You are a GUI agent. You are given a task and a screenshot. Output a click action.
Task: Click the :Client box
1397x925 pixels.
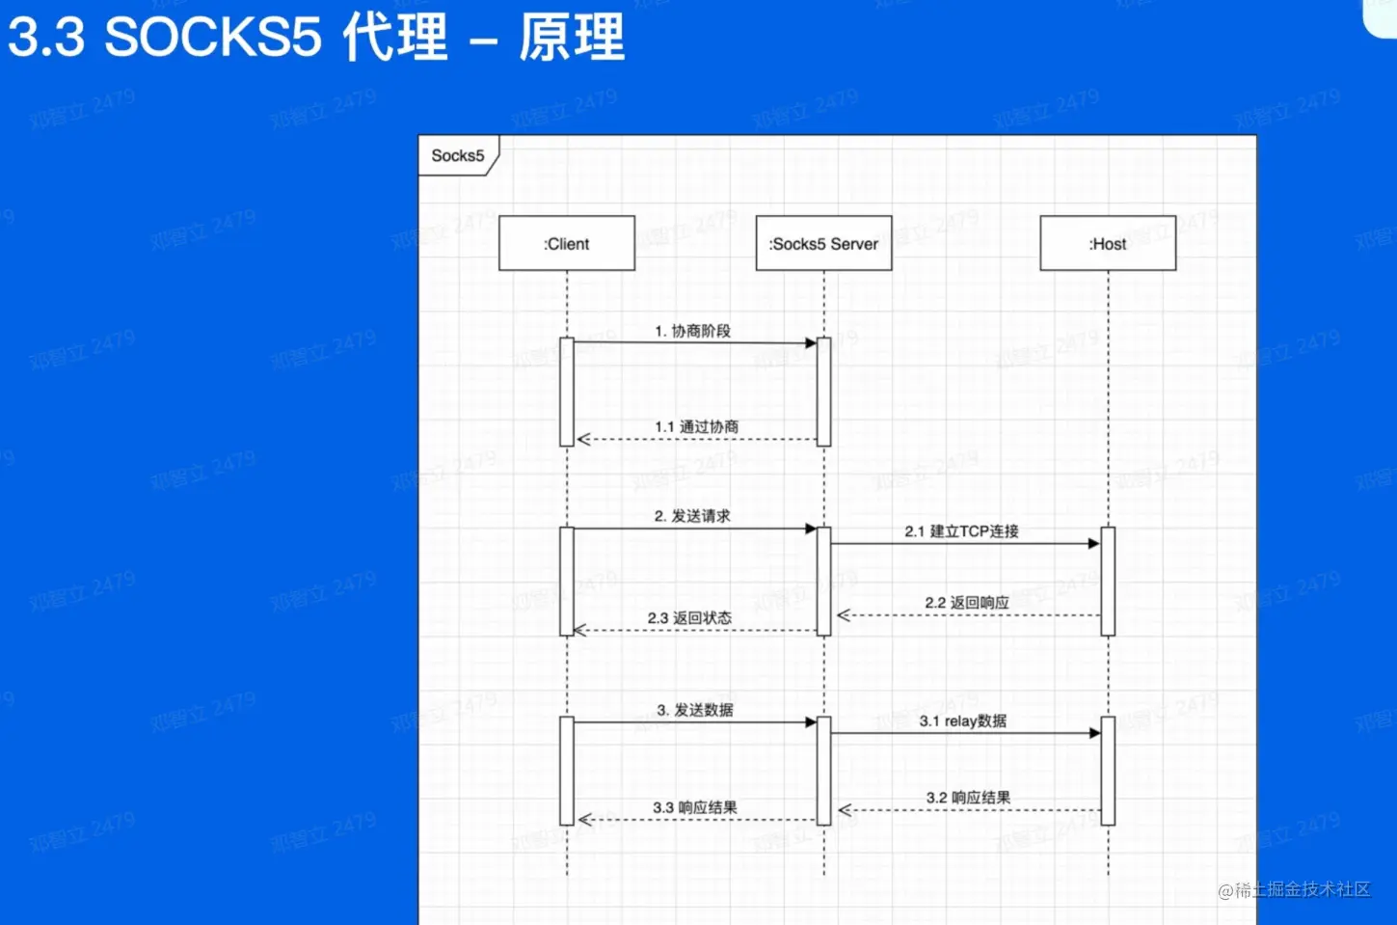coord(566,243)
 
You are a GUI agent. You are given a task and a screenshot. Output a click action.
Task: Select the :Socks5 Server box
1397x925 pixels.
coord(823,243)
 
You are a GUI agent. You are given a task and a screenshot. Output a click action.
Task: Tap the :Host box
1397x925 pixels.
coord(1108,243)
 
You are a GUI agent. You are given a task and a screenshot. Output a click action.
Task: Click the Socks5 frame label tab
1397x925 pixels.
coord(458,155)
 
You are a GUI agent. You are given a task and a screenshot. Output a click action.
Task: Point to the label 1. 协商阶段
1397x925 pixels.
coord(692,331)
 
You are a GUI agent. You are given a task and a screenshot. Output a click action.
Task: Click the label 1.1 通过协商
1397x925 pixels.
coord(696,426)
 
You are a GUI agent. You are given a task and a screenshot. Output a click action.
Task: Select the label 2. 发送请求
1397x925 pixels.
coord(692,516)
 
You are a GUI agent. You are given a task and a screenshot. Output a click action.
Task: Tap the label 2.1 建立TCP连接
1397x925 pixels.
coord(961,531)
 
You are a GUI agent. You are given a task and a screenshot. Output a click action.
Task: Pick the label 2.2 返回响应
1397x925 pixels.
coord(966,602)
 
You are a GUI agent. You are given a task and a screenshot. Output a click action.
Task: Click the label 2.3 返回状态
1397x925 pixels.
coord(689,617)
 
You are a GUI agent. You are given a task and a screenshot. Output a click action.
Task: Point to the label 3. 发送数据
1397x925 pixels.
coord(694,710)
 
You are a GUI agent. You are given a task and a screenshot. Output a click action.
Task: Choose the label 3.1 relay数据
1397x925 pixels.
coord(962,721)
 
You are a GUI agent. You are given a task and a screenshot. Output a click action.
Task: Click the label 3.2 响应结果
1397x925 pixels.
coord(968,798)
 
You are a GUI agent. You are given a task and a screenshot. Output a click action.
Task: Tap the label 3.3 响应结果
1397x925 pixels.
coord(694,807)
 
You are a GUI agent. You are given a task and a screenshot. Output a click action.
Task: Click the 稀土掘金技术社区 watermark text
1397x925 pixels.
coord(1302,889)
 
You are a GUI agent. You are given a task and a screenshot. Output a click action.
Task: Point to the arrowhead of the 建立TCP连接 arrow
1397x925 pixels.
coord(1093,544)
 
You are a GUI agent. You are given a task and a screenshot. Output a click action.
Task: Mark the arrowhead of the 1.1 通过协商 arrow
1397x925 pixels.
coord(583,440)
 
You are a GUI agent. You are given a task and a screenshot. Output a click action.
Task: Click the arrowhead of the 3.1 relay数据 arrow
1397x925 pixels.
coord(1094,733)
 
